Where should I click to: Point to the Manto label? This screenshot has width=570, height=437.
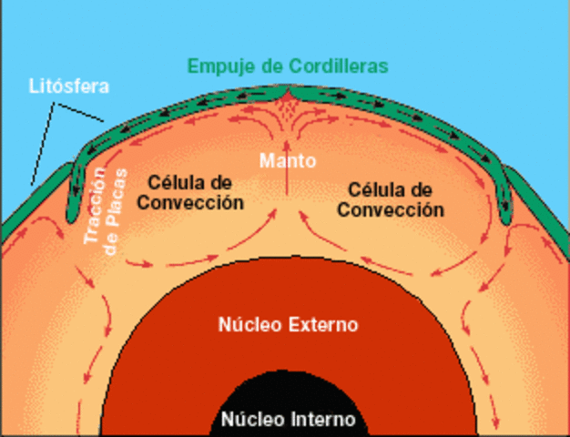point(288,161)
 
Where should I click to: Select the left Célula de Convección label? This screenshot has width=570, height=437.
point(191,192)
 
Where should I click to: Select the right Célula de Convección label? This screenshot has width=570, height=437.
point(391,198)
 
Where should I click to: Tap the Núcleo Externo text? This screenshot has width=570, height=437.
point(289,324)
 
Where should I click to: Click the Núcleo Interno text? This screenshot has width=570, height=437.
point(289,421)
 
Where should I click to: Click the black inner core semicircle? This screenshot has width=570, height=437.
point(288,401)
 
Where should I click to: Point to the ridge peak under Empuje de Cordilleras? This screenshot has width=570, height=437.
point(288,94)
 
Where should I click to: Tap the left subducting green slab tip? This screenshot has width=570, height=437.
point(73,213)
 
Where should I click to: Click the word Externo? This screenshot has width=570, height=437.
point(322,324)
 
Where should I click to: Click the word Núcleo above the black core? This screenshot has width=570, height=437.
point(247,324)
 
